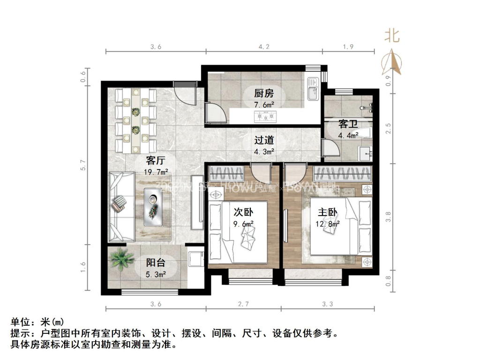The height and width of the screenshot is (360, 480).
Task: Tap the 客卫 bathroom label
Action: (348, 124)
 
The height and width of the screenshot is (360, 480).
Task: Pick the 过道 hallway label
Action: (264, 140)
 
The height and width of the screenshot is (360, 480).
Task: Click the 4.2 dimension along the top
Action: (264, 47)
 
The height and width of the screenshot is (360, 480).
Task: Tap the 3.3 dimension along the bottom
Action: (327, 304)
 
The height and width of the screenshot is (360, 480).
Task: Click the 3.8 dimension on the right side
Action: (389, 216)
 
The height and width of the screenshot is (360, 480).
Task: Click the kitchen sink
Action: (312, 89)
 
